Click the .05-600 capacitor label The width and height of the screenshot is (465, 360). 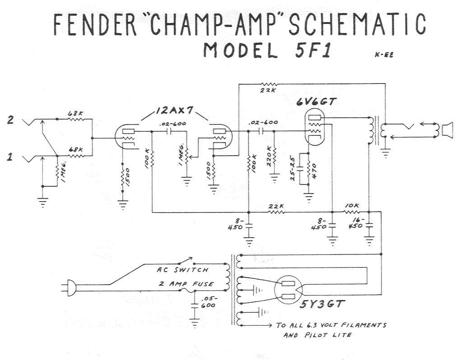tap(209, 302)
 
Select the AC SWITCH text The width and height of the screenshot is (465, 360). tap(182, 270)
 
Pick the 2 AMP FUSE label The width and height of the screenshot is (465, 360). tap(186, 284)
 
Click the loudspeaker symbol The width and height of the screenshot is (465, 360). tap(447, 130)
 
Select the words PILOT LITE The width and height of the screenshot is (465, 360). tap(323, 335)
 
